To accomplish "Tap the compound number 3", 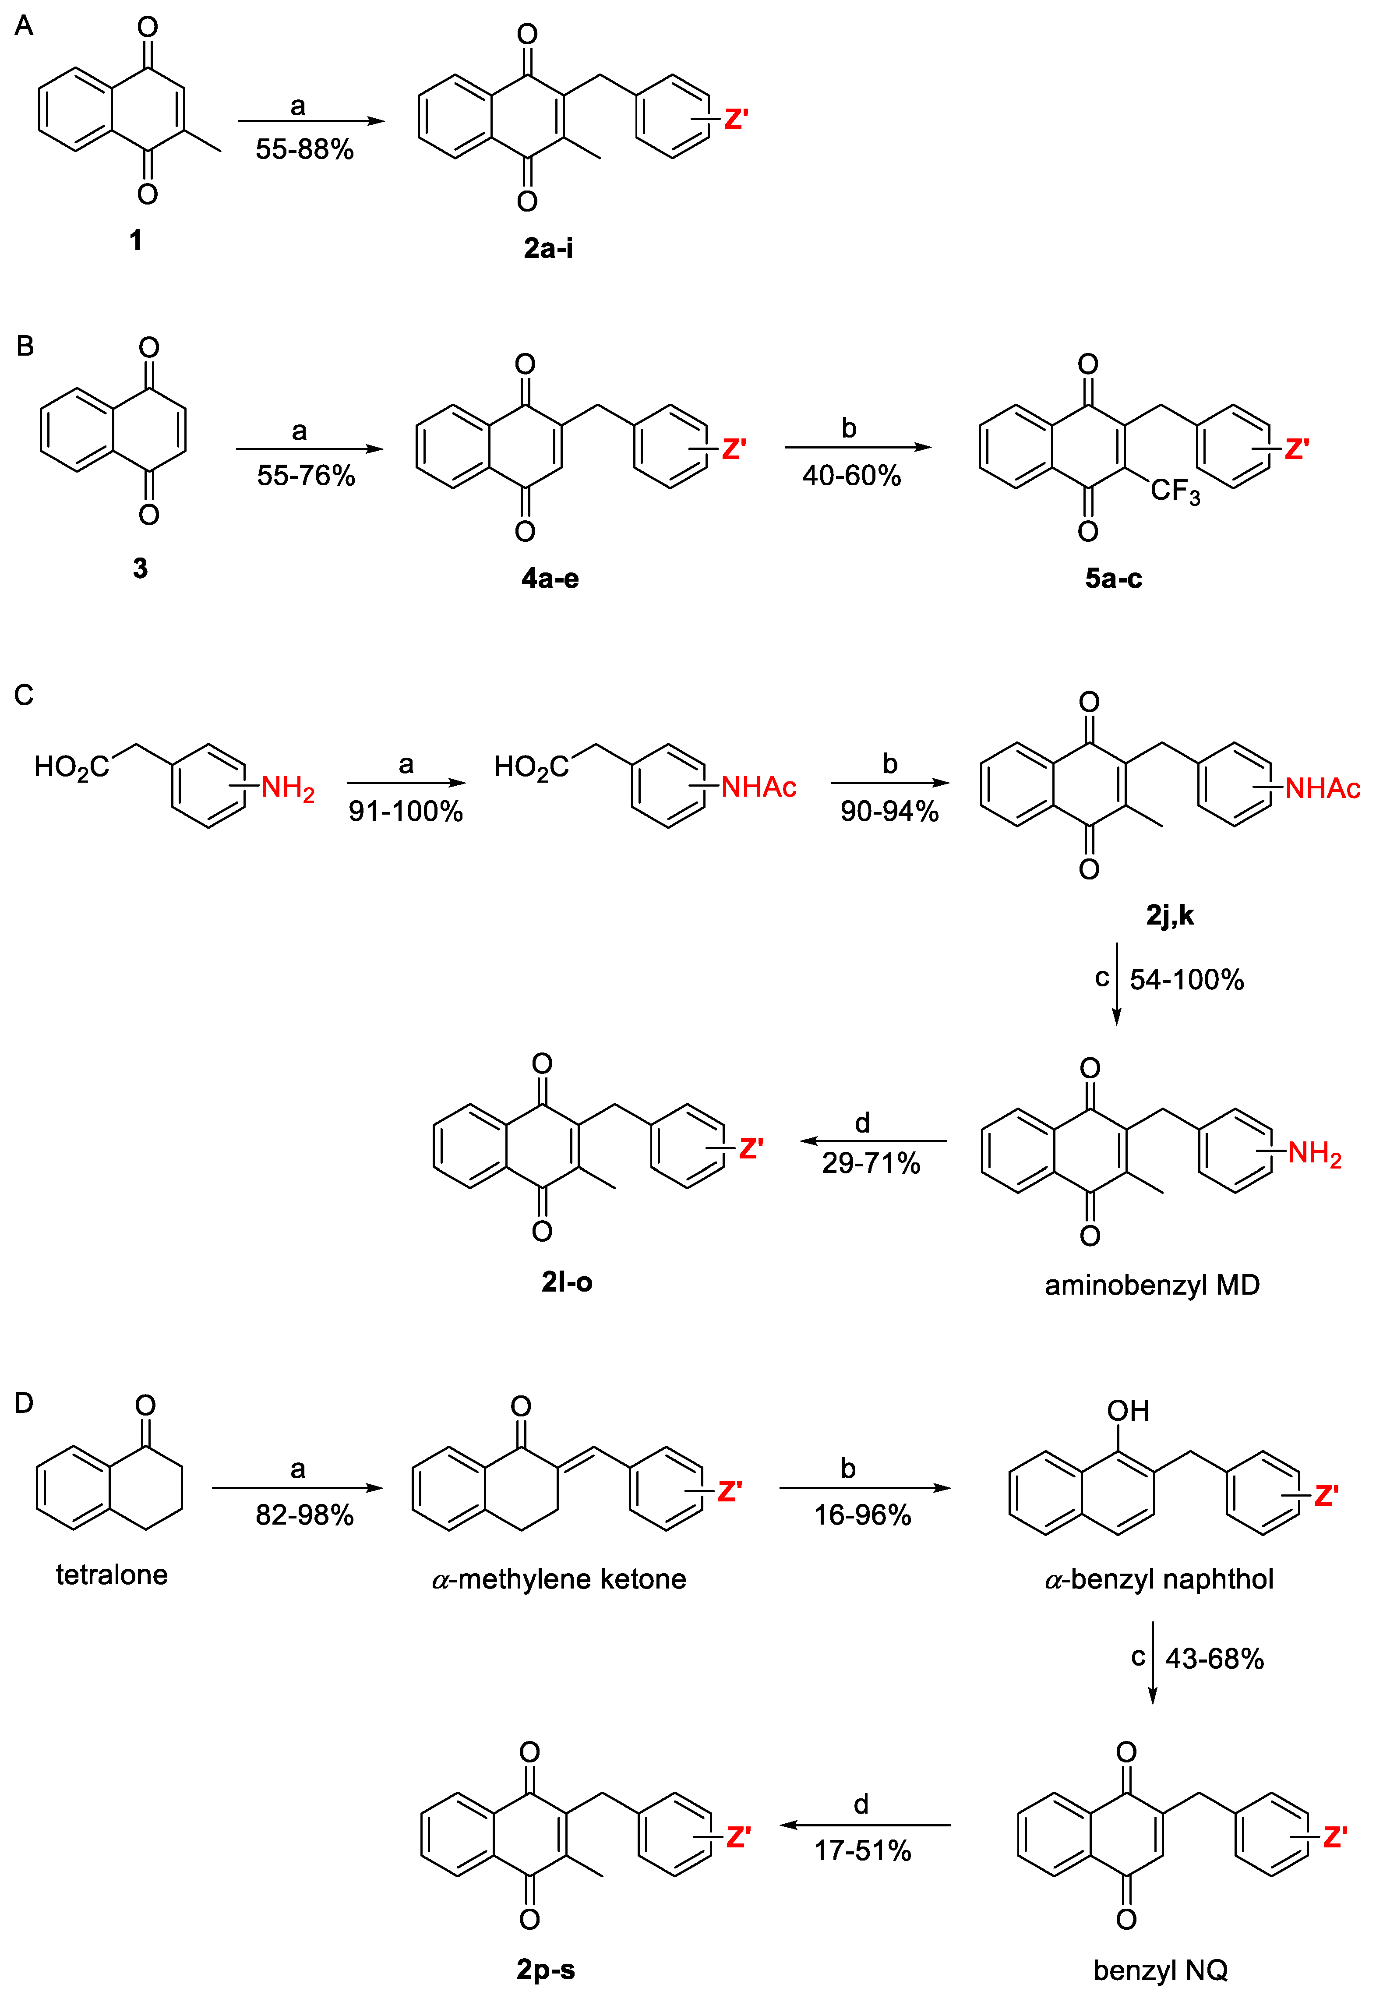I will tap(140, 568).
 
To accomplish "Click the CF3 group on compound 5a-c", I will tap(1174, 492).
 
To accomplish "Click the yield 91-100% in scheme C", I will tap(405, 811).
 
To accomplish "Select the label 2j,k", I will tap(1169, 915).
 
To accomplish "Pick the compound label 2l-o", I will tap(566, 1282).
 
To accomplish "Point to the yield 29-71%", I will tap(871, 1163).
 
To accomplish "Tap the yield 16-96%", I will tap(862, 1515).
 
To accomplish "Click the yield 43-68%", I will tap(1214, 1658).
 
